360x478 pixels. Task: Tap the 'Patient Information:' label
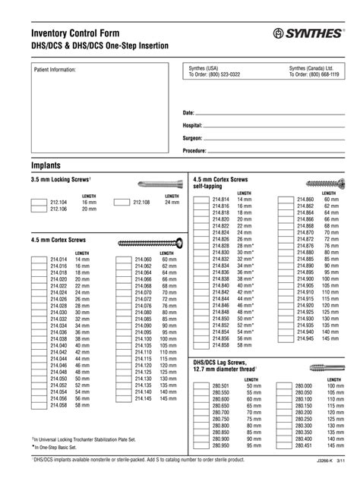point(55,69)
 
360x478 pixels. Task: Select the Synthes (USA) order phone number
point(214,75)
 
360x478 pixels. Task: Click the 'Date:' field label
point(189,112)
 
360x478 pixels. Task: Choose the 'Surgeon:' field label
point(193,138)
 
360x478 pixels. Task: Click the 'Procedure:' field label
point(195,151)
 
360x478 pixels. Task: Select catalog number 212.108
point(143,203)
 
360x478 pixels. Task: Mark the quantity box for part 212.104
point(39,203)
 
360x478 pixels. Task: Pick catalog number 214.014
point(59,259)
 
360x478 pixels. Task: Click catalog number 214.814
point(221,199)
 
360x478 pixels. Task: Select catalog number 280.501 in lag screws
point(221,386)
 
